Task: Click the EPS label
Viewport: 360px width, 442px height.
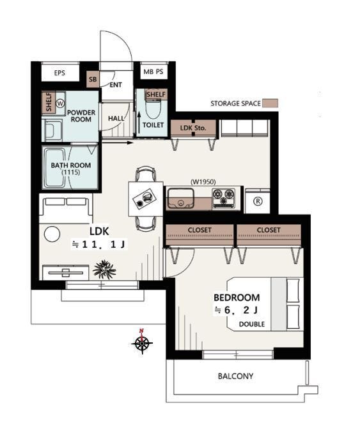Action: pos(59,73)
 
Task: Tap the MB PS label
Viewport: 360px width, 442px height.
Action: pos(153,72)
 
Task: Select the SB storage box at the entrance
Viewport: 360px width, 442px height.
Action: pos(93,79)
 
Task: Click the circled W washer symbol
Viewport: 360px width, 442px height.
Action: pos(60,103)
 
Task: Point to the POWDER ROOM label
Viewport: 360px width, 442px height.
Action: pos(81,116)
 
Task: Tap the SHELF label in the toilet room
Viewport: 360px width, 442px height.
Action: pos(156,95)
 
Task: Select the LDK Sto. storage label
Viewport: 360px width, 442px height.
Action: pos(193,128)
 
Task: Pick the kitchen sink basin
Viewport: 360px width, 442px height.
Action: pos(180,199)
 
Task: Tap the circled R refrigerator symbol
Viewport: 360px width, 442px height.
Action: pos(258,201)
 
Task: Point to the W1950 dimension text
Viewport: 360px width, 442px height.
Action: pos(203,182)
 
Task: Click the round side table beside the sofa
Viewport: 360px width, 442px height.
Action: pos(52,234)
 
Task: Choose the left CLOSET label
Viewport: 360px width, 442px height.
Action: pos(200,230)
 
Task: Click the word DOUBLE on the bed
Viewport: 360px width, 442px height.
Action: pos(252,324)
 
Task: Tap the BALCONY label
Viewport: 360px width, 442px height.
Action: pos(235,376)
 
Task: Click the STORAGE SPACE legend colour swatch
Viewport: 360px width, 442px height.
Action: pos(270,103)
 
